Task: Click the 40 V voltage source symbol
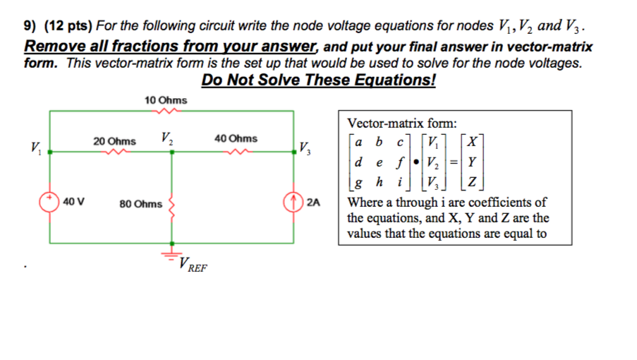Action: (x=51, y=200)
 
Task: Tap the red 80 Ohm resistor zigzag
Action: (x=171, y=205)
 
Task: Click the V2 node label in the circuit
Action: (x=167, y=137)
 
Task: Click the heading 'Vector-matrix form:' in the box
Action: (x=402, y=121)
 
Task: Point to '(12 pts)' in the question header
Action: (x=66, y=26)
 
